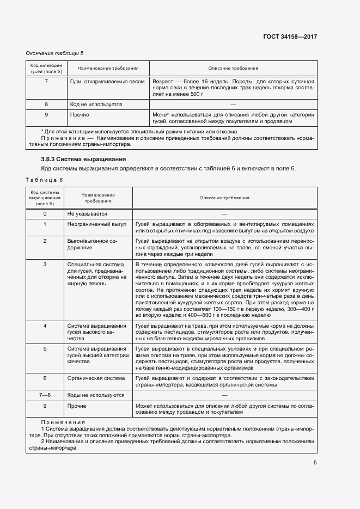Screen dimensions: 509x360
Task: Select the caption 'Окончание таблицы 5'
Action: coord(55,53)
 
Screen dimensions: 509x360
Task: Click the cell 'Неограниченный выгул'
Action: coord(96,224)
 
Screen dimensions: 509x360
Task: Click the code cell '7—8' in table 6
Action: coord(45,395)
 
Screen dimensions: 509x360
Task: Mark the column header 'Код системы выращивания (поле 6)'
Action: coord(45,198)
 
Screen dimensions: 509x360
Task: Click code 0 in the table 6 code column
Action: coord(45,214)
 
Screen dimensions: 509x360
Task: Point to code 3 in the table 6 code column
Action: coord(45,263)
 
